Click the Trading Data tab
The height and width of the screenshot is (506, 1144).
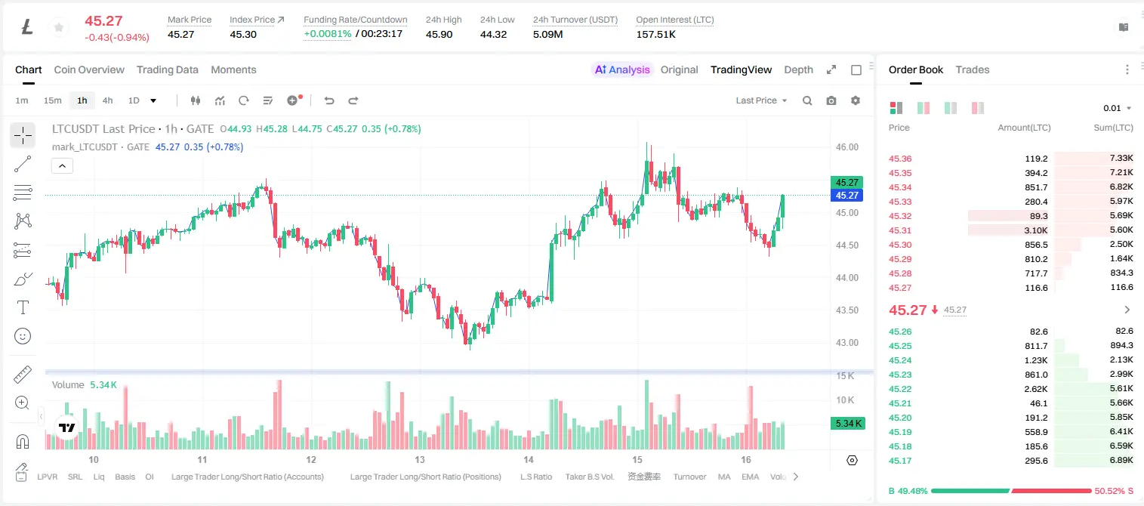(167, 69)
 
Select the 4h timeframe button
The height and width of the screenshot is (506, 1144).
(107, 100)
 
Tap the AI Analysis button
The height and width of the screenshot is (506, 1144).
(622, 69)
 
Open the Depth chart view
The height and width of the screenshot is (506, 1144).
(798, 69)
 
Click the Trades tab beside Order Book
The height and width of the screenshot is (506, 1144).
(973, 69)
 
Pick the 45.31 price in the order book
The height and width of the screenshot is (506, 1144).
(900, 230)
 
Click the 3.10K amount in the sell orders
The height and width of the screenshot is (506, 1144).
(1036, 230)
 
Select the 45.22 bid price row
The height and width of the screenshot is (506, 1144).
(900, 389)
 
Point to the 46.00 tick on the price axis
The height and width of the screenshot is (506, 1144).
(846, 147)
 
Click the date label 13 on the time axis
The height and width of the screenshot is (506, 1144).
(419, 459)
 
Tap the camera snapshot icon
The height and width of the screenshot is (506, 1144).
(831, 100)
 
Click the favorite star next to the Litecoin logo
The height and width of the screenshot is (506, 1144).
(59, 27)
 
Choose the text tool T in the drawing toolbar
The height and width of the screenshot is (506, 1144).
(23, 307)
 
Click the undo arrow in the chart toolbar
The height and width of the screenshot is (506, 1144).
(329, 100)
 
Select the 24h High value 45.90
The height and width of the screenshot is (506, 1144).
(439, 34)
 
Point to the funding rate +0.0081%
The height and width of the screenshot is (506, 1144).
(328, 34)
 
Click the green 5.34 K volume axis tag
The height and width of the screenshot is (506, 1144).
(848, 423)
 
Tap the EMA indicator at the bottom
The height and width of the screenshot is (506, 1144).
(750, 477)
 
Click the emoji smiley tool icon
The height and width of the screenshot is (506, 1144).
(23, 336)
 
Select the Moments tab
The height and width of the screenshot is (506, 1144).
(233, 69)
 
